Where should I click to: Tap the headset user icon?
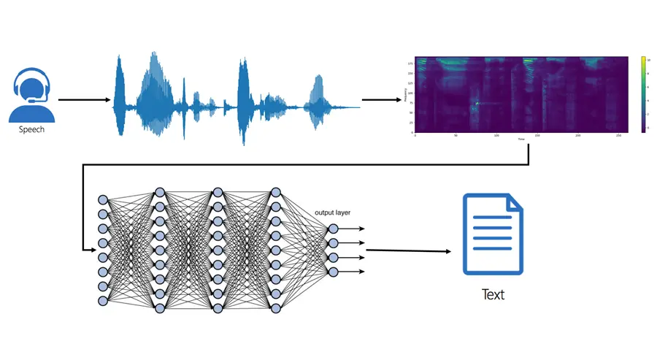31,95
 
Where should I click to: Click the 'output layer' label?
332,212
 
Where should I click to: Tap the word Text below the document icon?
493,294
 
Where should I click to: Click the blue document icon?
493,234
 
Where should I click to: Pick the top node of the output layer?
333,229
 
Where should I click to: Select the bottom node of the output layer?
333,272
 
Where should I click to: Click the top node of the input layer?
103,199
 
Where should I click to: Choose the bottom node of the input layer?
103,300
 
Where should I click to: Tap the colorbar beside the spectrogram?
644,94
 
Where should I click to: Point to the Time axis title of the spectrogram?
521,139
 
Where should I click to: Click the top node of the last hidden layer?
275,193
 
